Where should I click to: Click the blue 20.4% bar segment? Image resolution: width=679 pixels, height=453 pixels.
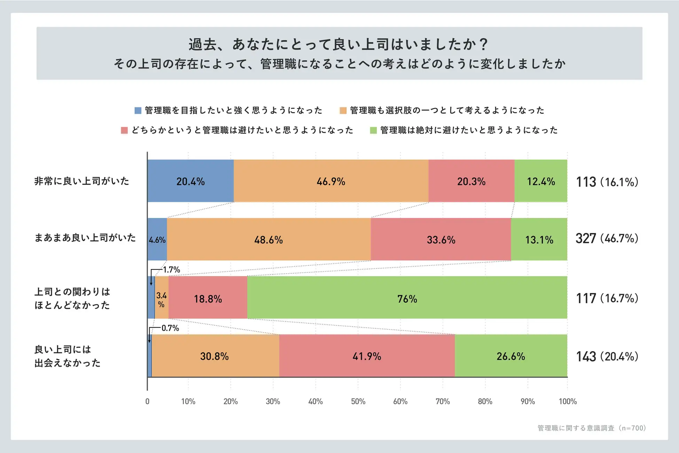point(190,181)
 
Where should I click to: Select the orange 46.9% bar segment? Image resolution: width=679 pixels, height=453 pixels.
point(331,181)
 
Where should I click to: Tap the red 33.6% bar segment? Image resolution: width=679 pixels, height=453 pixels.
point(441,240)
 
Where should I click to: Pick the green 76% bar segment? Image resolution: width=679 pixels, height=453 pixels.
point(407,298)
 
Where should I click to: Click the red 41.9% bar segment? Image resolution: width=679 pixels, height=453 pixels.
point(367,356)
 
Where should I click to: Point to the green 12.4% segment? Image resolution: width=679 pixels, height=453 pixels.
point(541,181)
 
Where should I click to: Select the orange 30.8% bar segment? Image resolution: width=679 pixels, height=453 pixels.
point(214,356)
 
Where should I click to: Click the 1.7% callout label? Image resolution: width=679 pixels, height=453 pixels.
point(171,270)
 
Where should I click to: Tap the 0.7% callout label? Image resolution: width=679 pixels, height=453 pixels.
point(170,328)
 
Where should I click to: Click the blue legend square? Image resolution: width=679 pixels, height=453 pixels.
point(138,110)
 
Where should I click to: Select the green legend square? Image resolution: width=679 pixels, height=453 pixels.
point(373,130)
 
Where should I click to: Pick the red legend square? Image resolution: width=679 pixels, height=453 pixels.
point(124,130)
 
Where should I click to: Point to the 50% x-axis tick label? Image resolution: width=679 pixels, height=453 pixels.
point(358,401)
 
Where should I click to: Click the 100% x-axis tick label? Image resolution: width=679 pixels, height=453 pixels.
point(568,401)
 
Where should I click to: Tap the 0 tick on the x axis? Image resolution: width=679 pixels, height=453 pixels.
point(147,401)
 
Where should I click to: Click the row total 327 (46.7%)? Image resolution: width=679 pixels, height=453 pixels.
point(607,239)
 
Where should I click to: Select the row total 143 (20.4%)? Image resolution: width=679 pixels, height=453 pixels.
point(607,356)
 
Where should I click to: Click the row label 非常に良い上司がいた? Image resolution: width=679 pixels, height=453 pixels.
point(82,181)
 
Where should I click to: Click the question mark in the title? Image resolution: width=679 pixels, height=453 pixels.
point(483,45)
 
